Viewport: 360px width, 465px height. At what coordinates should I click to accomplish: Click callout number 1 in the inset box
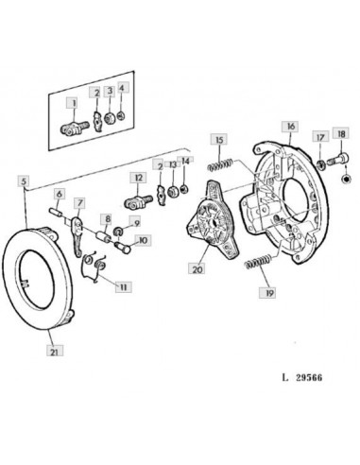75,103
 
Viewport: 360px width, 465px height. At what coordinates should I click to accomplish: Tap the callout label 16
291,127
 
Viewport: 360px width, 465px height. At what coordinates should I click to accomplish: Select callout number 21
55,351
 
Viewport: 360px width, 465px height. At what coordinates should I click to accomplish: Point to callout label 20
197,269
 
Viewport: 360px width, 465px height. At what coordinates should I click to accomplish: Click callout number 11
123,287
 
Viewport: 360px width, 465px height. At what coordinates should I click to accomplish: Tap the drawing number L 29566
302,377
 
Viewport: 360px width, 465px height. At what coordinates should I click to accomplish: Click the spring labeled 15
220,164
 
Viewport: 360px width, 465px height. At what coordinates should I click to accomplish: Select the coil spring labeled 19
258,262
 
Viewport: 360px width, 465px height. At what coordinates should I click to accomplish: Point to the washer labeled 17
320,164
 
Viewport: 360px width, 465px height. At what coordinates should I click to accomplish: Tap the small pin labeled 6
56,212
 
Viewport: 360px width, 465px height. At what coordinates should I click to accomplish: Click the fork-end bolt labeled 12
138,201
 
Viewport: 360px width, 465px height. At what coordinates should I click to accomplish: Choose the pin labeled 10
123,247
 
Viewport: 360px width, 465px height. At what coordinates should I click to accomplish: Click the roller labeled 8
104,237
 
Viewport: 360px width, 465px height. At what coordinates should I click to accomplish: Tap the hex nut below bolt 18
346,179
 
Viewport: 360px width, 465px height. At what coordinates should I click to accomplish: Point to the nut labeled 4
121,115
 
